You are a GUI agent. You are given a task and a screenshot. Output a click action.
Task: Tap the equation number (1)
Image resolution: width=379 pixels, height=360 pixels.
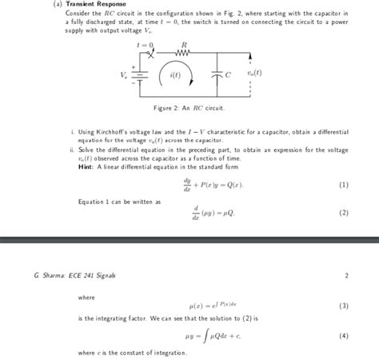pos(343,184)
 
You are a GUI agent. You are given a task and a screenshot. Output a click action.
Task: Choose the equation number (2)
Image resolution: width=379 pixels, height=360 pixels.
pos(343,213)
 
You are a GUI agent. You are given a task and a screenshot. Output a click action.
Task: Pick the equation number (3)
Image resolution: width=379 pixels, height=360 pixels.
pos(343,306)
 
